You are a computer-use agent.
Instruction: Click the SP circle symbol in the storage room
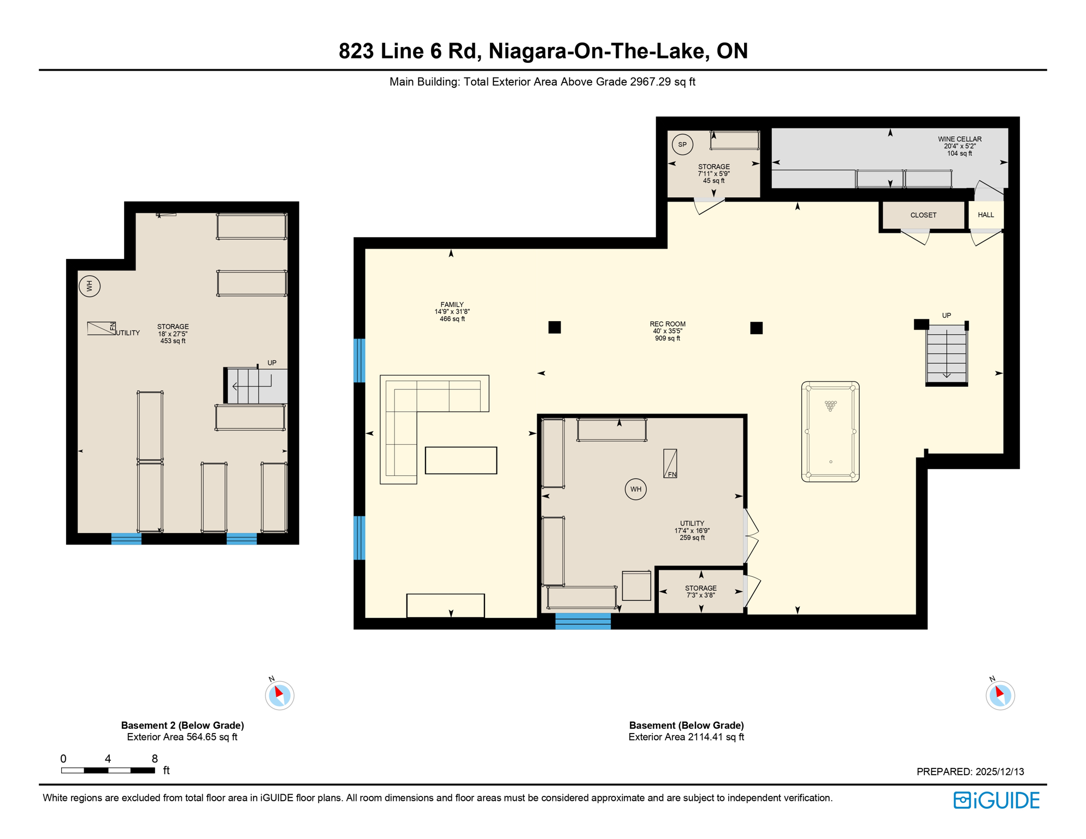682,145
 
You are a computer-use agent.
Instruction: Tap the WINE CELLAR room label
959,139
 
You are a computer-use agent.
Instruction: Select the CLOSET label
923,215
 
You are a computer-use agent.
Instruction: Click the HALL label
985,215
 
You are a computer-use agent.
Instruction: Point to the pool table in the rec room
830,432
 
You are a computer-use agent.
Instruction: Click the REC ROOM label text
667,324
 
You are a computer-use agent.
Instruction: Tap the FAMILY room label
452,305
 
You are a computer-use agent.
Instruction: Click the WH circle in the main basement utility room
635,489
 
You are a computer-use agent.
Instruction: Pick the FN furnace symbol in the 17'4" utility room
670,464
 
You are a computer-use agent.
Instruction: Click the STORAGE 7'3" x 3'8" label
700,592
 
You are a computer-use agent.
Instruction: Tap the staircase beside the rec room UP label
946,354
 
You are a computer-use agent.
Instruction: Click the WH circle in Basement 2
90,286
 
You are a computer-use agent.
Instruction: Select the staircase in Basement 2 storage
256,386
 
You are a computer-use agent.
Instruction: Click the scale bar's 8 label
155,758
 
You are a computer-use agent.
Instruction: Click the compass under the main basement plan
1000,695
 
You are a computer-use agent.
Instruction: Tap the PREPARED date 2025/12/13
970,771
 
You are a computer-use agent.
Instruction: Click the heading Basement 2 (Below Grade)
182,725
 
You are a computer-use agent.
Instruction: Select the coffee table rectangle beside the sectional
461,460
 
